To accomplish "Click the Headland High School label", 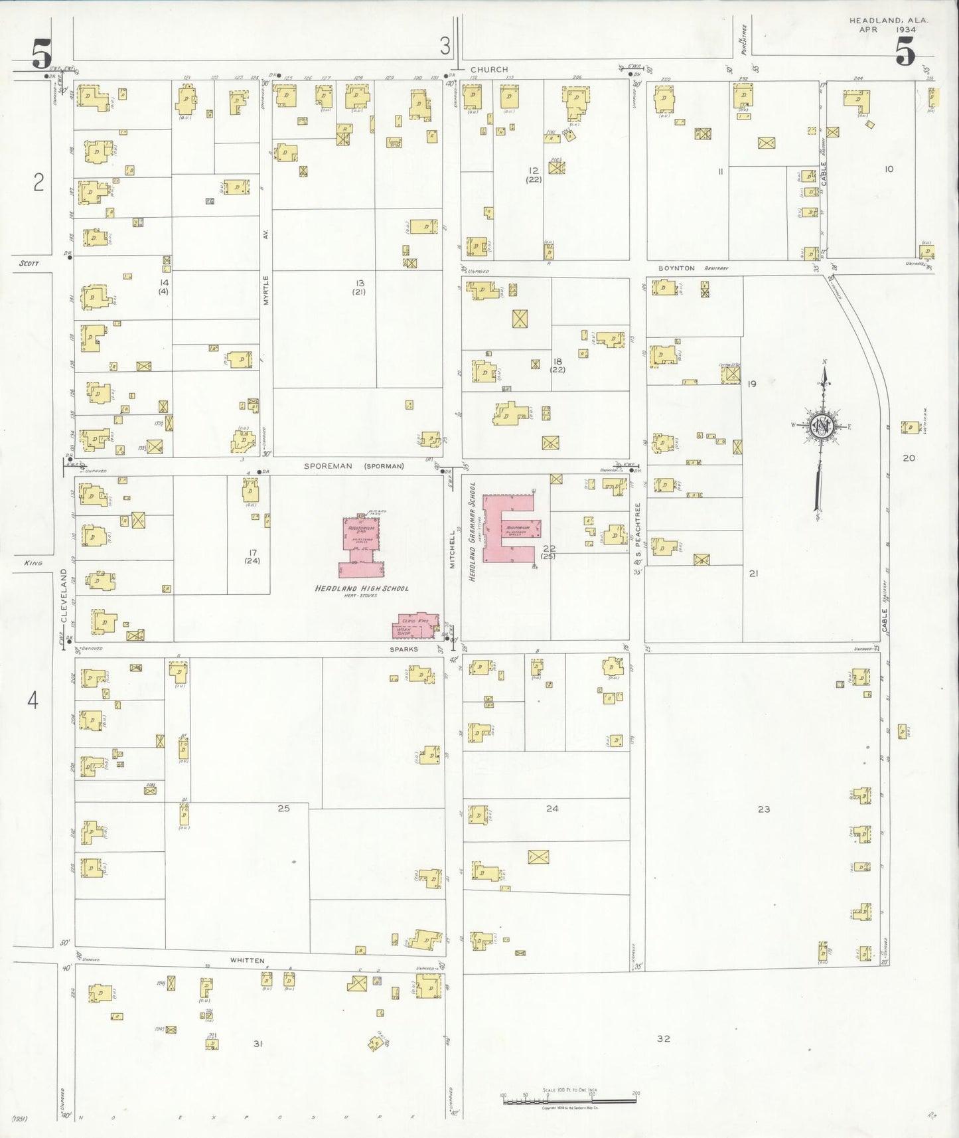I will coord(361,588).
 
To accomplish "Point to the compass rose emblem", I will coord(822,426).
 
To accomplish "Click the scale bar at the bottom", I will coord(569,1100).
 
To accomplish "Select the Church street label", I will coord(489,69).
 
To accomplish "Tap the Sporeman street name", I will coord(328,466).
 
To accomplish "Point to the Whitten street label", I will coord(247,960).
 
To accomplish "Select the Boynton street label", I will coord(676,268).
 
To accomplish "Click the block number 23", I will coord(764,809).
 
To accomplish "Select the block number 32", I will coord(663,1038).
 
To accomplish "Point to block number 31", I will coord(258,1044).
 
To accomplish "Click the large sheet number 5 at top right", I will coord(905,52).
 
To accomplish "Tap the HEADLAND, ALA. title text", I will coord(888,21).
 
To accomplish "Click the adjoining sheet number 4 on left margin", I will coord(33,700).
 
